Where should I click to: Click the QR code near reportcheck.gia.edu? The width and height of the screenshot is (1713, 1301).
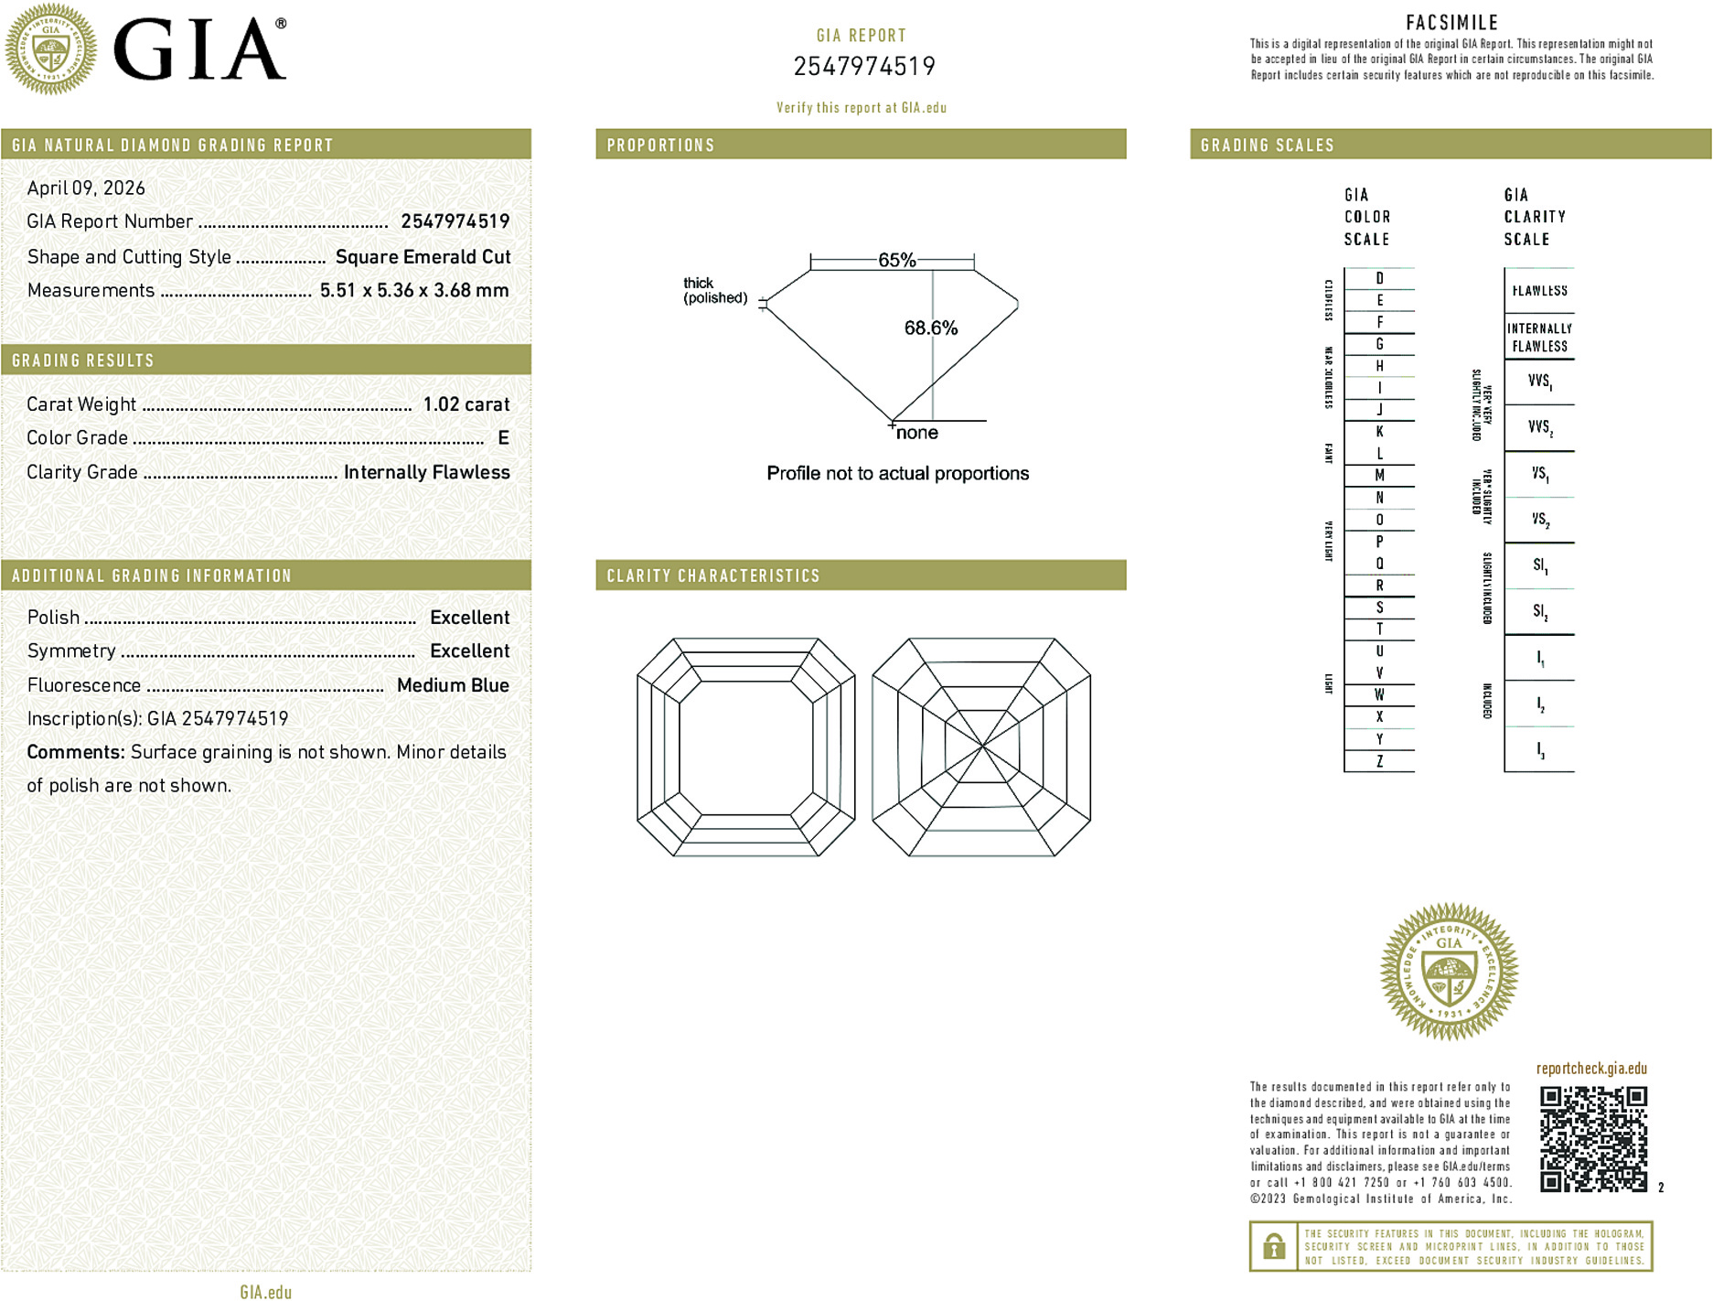point(1592,1138)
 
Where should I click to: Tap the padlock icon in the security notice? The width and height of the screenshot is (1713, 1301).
point(1273,1246)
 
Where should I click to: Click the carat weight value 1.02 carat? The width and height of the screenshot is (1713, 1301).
point(466,404)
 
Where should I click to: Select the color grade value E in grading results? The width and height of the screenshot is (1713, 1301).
point(503,438)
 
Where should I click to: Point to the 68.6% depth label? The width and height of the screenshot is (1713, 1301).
point(930,328)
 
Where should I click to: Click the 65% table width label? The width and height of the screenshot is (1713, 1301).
point(896,260)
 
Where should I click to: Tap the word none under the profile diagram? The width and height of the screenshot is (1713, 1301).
point(917,433)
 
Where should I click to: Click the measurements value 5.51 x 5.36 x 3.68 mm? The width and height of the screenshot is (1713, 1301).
point(414,291)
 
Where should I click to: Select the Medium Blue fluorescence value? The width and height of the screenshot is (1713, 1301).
point(453,685)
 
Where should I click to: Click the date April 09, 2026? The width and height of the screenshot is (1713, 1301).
point(86,188)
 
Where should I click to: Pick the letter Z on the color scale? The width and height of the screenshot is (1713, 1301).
point(1379,761)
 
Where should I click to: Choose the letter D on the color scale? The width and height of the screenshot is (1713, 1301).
point(1379,278)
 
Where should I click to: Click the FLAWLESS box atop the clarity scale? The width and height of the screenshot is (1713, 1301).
point(1539,291)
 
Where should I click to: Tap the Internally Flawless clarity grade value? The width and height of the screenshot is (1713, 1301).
point(426,472)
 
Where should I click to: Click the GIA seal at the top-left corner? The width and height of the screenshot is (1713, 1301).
point(50,49)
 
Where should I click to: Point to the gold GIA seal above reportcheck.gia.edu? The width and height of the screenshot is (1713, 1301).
point(1449,971)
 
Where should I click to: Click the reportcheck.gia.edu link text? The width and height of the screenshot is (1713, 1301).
point(1591,1069)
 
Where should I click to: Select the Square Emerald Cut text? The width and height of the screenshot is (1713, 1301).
point(423,257)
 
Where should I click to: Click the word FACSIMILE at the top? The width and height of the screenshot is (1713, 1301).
point(1451,23)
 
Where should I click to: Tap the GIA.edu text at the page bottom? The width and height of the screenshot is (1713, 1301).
point(266,1292)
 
